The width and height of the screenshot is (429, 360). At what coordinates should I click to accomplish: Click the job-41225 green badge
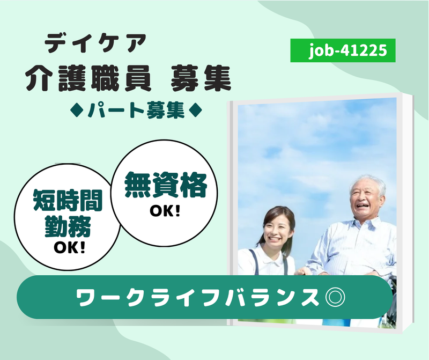(343, 50)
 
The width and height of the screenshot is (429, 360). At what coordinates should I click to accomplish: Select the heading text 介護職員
(88, 78)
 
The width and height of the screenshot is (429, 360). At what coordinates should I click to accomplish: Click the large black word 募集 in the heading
(201, 78)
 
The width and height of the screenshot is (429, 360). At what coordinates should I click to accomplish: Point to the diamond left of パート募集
(77, 111)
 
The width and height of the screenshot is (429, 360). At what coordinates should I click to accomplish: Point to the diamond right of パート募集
(196, 111)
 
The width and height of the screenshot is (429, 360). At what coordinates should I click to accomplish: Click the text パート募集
(136, 111)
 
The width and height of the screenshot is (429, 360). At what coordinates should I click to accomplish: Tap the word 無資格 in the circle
(166, 185)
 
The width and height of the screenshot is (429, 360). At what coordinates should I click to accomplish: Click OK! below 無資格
(165, 211)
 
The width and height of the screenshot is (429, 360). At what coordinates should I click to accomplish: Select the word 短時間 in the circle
(68, 200)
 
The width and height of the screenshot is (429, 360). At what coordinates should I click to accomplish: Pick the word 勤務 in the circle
(68, 226)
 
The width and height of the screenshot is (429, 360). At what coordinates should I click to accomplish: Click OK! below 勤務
(69, 247)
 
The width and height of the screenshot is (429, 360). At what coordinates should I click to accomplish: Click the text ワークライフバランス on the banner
(197, 297)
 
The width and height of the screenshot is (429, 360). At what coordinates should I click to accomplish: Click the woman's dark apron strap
(254, 261)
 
